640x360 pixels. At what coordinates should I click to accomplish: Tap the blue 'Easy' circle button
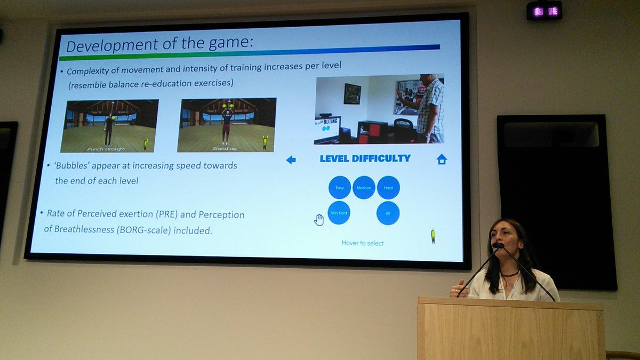[x=340, y=188]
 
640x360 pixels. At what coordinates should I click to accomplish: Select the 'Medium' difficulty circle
[x=364, y=188]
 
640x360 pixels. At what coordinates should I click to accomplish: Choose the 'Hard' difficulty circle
[x=388, y=188]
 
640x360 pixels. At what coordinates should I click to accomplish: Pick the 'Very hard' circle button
[x=339, y=213]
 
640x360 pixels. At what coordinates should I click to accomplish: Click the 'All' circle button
[x=388, y=213]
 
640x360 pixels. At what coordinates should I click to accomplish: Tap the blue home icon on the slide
[x=442, y=159]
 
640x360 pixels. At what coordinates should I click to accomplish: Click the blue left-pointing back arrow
[x=291, y=159]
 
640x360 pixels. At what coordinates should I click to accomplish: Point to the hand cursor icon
[x=319, y=219]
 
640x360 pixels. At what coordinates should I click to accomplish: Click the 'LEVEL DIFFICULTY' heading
[x=365, y=158]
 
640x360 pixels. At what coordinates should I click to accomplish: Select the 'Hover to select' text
[x=362, y=243]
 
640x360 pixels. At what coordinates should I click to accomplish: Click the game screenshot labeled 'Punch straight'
[x=109, y=125]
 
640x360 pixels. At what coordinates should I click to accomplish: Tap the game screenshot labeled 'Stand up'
[x=227, y=125]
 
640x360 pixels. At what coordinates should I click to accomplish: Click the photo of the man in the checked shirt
[x=379, y=109]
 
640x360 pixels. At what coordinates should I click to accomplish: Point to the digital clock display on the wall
[x=544, y=11]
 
